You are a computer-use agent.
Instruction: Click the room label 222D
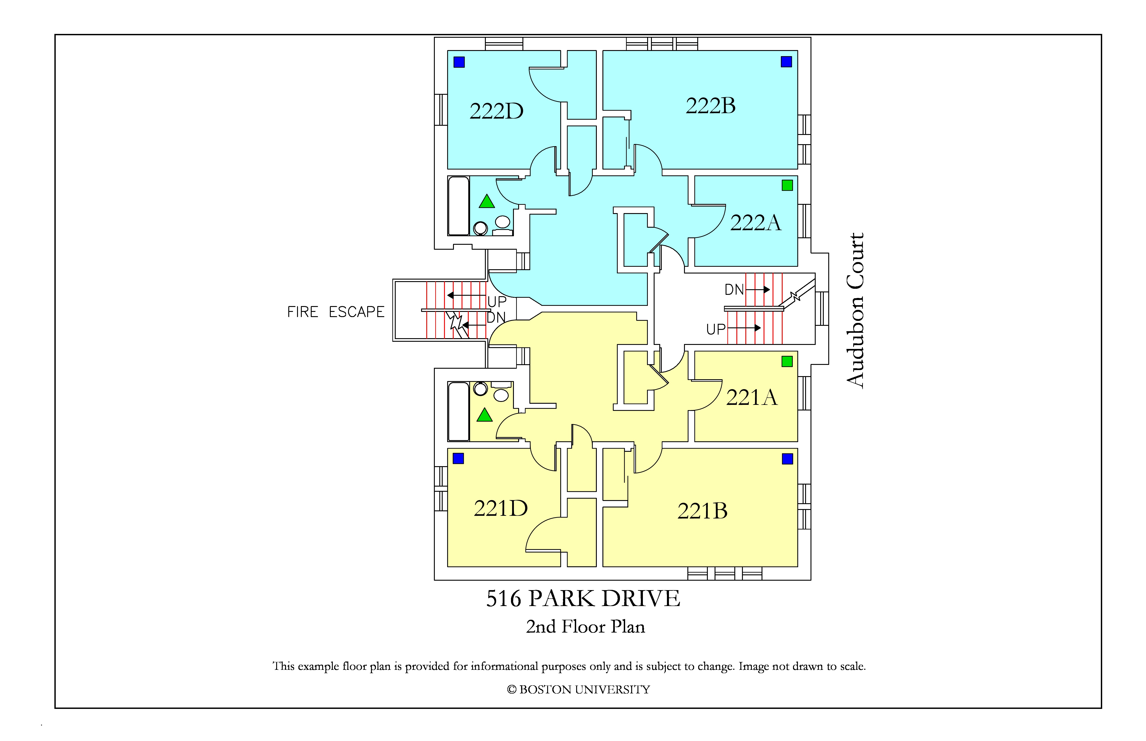[496, 111]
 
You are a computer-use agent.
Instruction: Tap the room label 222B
[711, 106]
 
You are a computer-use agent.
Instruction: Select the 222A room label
[755, 222]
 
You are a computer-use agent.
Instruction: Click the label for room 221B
[702, 511]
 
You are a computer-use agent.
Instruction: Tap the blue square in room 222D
[459, 62]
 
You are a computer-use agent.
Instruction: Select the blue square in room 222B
[786, 62]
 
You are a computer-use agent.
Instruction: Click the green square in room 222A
[787, 185]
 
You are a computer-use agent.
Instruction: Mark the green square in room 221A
[787, 361]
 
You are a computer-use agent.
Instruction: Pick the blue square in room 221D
[458, 459]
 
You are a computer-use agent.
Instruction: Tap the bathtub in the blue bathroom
[458, 206]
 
